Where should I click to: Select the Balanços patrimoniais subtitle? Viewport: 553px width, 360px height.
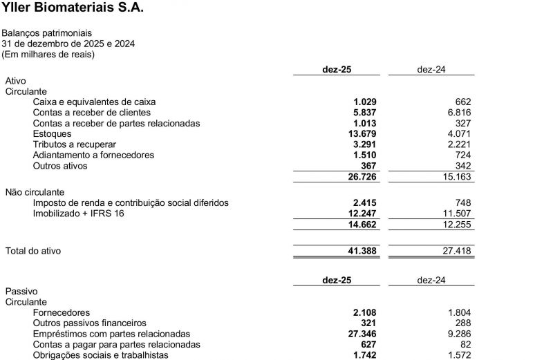[47, 33]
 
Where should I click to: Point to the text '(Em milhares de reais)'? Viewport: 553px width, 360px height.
[48, 54]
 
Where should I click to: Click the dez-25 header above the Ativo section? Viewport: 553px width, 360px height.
[337, 70]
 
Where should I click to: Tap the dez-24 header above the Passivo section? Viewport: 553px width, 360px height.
[431, 281]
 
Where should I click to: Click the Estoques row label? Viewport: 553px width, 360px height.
[53, 134]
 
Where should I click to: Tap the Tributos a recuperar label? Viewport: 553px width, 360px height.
[75, 144]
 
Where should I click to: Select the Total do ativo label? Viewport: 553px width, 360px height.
[33, 251]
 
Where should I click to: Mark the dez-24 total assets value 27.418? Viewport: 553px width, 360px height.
[456, 251]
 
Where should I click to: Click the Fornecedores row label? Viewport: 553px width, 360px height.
[62, 312]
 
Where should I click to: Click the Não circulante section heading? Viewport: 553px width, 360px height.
[35, 192]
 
